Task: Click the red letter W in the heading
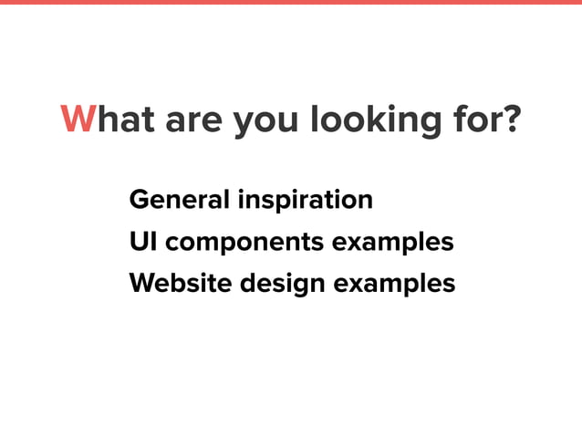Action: (78, 120)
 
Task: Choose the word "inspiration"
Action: (305, 201)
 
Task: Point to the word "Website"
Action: (182, 284)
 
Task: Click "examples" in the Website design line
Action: (394, 286)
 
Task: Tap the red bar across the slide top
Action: (291, 3)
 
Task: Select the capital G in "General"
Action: (140, 199)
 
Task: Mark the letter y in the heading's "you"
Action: (244, 124)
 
